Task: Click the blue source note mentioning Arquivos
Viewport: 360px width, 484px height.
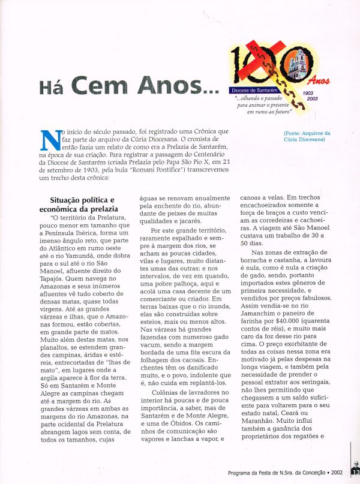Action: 308,136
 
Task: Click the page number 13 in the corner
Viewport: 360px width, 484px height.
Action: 355,471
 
